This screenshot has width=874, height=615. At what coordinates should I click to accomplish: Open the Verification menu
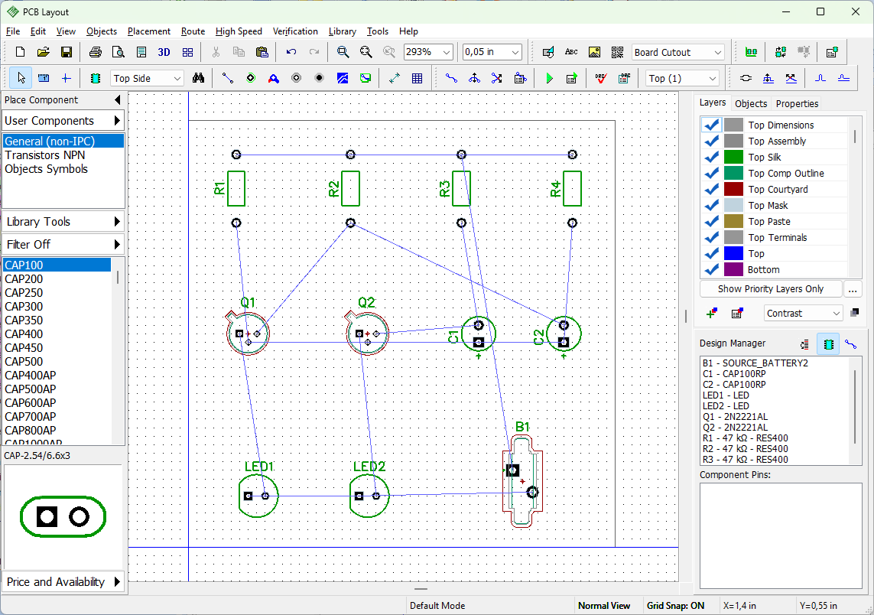pos(295,31)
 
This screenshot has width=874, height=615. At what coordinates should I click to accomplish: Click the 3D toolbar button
pos(164,52)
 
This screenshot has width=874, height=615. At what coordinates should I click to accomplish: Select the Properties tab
pos(797,104)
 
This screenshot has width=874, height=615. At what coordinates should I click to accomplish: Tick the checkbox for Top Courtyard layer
pos(711,189)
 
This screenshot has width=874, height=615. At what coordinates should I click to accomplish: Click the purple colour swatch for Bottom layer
pos(733,269)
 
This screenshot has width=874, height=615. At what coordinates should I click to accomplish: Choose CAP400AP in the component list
pos(31,376)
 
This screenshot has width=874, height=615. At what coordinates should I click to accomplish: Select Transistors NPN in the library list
pos(45,155)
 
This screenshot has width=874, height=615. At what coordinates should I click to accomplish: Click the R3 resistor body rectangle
pos(462,188)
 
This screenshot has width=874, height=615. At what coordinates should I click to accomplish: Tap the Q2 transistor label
pos(366,302)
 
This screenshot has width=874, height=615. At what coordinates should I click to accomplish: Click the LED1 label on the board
pos(259,466)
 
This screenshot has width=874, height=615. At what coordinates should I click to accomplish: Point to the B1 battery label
pos(522,427)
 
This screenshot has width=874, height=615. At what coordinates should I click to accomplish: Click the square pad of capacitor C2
pos(564,342)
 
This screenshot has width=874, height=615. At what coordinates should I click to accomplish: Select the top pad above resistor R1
pos(236,155)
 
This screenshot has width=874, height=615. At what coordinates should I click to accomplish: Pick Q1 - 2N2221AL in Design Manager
pos(735,417)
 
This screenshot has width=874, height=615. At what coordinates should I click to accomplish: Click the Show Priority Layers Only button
pos(770,289)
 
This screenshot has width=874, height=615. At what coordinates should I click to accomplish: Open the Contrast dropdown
pos(803,314)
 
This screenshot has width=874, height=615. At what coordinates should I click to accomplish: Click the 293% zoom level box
pos(427,52)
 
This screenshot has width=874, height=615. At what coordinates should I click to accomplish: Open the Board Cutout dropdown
pos(677,53)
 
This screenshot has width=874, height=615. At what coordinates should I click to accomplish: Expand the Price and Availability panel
pos(63,581)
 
